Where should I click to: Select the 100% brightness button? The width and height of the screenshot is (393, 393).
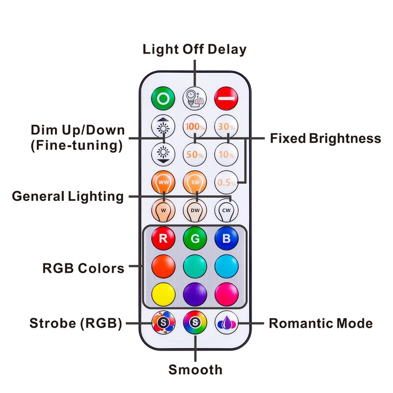pyautogui.click(x=195, y=126)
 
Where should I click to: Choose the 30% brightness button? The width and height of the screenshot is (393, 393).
pyautogui.click(x=227, y=126)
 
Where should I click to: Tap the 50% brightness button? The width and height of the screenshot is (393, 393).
pyautogui.click(x=195, y=154)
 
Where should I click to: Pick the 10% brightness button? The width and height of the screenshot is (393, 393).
pyautogui.click(x=227, y=154)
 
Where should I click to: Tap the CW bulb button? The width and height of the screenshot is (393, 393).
pyautogui.click(x=227, y=210)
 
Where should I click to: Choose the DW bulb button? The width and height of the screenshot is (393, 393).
pyautogui.click(x=195, y=210)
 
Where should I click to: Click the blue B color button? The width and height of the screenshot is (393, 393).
pyautogui.click(x=227, y=239)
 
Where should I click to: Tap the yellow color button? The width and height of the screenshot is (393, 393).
pyautogui.click(x=163, y=294)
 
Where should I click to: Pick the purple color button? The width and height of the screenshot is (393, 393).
pyautogui.click(x=195, y=294)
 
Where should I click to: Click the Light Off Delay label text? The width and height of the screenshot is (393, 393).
pyautogui.click(x=195, y=49)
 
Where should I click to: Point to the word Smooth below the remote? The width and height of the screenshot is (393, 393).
pyautogui.click(x=195, y=369)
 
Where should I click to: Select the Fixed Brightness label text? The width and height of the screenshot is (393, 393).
pyautogui.click(x=325, y=139)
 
